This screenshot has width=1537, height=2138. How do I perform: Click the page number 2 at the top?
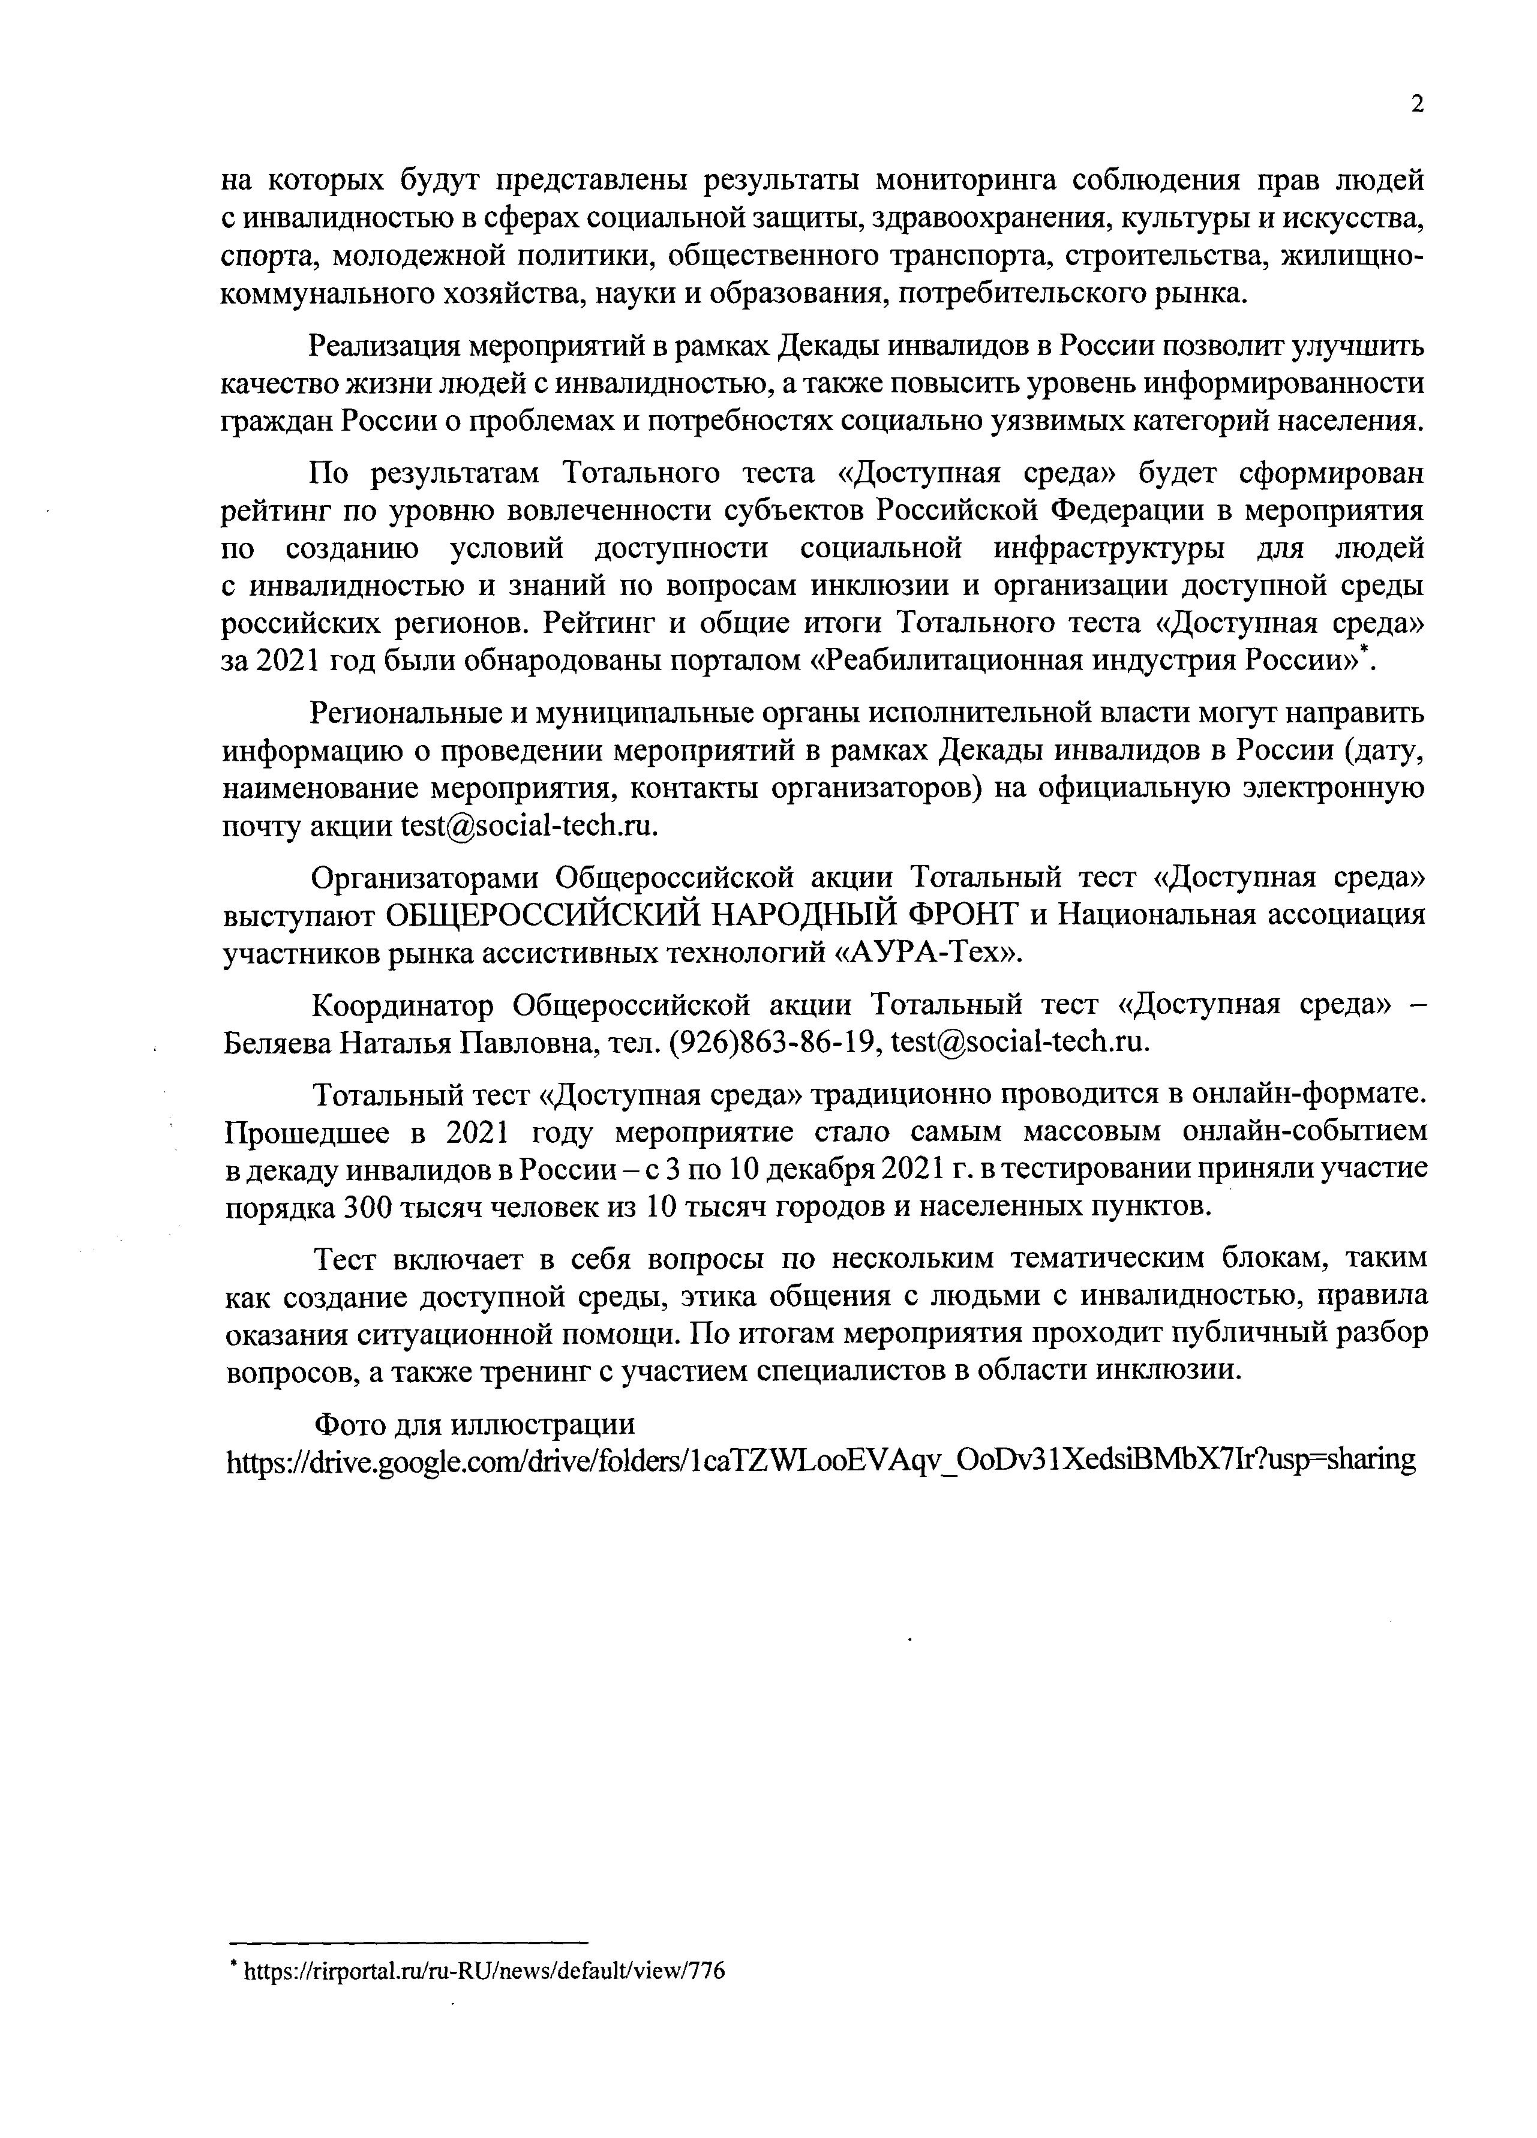click(x=1416, y=104)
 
